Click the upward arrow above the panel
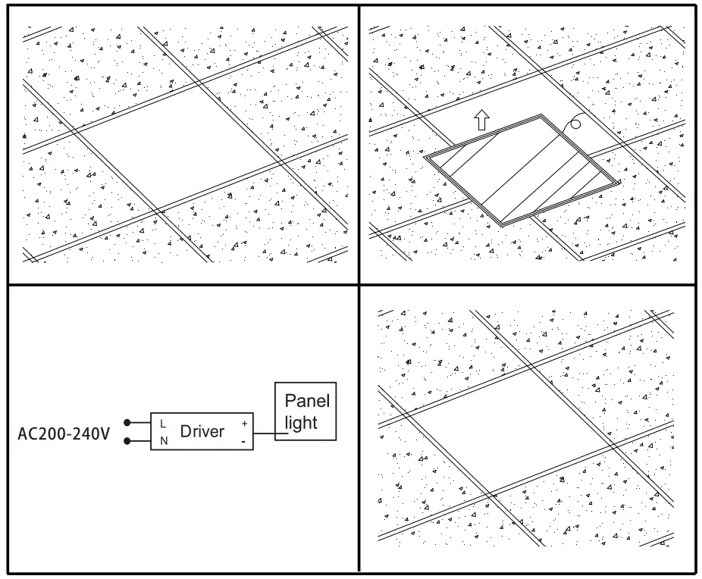coord(481,120)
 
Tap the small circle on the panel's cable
coord(575,124)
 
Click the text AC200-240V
coord(64,433)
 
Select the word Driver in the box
coord(202,431)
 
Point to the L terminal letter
coord(163,424)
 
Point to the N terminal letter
coord(164,441)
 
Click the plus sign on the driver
coord(244,424)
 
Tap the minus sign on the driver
coord(243,442)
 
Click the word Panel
coord(307,401)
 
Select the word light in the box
coord(301,422)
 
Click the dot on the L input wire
coord(127,422)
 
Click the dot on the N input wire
coord(127,441)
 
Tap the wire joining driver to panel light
coord(271,433)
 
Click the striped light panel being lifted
coord(522,170)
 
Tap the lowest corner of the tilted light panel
coord(501,226)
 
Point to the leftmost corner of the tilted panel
coord(425,157)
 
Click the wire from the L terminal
coord(140,422)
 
